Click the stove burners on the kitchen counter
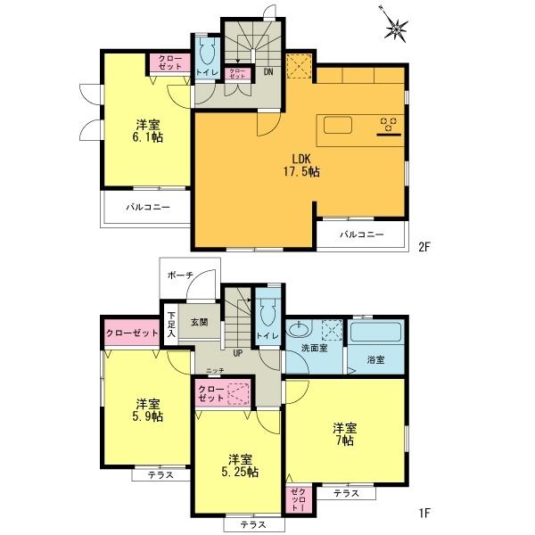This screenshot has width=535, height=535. coord(389,126)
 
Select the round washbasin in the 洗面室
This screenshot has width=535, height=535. coord(299,331)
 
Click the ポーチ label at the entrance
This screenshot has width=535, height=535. coord(177,276)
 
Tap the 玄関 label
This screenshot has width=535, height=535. coord(199,322)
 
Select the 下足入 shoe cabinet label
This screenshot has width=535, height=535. coord(171,322)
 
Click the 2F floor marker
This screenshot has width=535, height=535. coord(424,247)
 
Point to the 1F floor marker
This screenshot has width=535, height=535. coord(424,513)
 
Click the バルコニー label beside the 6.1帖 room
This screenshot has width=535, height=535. coord(145,206)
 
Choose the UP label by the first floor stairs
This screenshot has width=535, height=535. coord(238,352)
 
